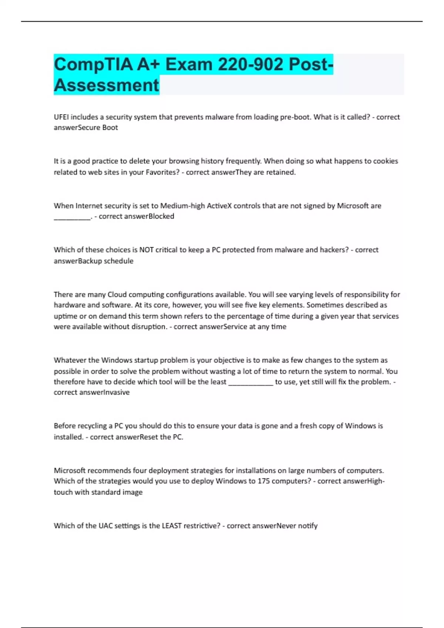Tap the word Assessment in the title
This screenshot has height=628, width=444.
[x=107, y=85]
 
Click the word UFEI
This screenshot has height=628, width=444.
[x=61, y=117]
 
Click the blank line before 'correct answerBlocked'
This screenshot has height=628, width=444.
[x=72, y=218]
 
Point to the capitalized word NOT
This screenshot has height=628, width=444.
[x=146, y=250]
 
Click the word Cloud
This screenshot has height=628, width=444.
[x=117, y=295]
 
